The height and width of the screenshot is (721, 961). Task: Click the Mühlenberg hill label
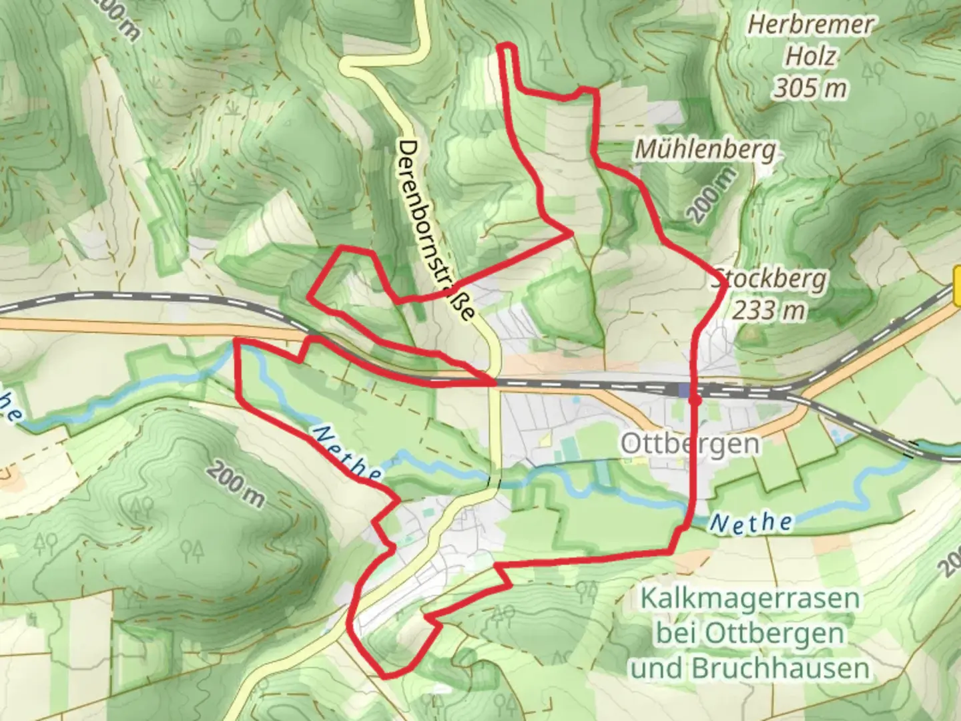pyautogui.click(x=705, y=150)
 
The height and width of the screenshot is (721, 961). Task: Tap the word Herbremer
pyautogui.click(x=810, y=25)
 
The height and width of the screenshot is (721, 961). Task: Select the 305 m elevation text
pyautogui.click(x=810, y=87)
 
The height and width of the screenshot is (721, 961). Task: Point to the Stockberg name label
pyautogui.click(x=771, y=278)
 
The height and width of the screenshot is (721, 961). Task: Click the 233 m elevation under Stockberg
pyautogui.click(x=769, y=310)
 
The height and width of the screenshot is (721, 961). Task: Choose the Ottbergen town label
pyautogui.click(x=689, y=444)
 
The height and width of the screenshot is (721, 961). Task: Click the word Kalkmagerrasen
pyautogui.click(x=749, y=598)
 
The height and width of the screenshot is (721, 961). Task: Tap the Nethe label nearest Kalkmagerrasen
pyautogui.click(x=751, y=522)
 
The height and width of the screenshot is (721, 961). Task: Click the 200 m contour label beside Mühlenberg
pyautogui.click(x=713, y=194)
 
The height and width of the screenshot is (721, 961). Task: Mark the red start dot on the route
pyautogui.click(x=695, y=401)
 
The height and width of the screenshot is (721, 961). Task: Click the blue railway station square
pyautogui.click(x=684, y=391)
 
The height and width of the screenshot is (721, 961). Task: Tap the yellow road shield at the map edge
pyautogui.click(x=957, y=283)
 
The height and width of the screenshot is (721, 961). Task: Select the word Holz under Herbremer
pyautogui.click(x=810, y=57)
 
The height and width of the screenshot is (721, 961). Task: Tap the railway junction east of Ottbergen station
pyautogui.click(x=787, y=395)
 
